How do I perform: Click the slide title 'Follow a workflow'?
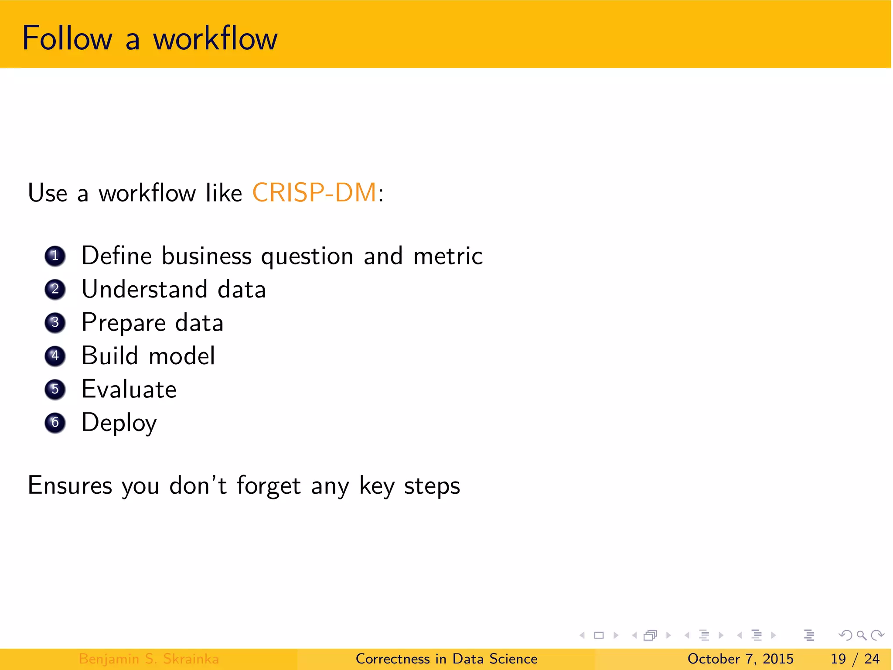150,38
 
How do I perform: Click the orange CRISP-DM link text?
314,192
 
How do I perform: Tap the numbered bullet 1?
55,256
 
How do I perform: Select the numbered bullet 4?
55,356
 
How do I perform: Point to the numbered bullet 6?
55,423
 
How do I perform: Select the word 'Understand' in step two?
144,289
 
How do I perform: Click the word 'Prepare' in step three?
124,323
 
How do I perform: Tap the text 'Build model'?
148,356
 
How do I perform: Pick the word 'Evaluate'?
129,389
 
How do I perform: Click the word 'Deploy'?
119,423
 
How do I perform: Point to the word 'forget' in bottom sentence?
269,485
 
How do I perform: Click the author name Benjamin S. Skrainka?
149,659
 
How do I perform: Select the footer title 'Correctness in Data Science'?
446,659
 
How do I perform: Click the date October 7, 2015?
740,659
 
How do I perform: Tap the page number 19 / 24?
855,659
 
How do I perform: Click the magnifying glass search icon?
861,636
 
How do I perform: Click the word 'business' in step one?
207,256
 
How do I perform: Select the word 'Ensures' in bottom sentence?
70,485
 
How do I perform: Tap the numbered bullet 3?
55,323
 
